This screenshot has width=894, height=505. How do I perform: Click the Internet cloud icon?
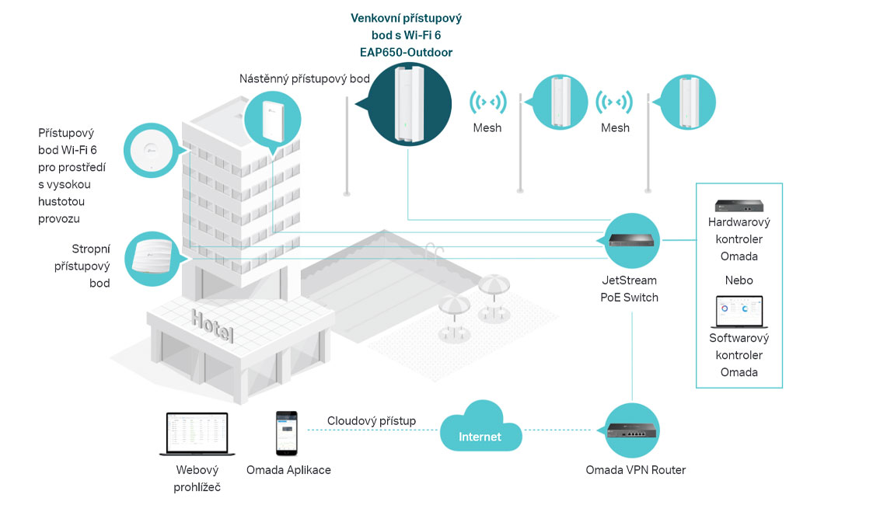(480, 427)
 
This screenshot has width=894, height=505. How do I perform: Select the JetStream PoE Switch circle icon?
(632, 242)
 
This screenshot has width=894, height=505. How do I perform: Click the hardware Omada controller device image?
(739, 206)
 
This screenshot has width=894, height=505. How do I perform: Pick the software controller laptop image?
(739, 312)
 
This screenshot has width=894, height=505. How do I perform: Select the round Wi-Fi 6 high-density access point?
(152, 151)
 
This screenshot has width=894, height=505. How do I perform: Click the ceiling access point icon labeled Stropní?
(152, 258)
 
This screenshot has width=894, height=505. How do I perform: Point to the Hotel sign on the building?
(212, 327)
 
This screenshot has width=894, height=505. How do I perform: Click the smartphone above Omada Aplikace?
(285, 434)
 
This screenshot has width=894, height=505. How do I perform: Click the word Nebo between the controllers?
(739, 280)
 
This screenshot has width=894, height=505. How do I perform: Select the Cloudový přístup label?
(371, 421)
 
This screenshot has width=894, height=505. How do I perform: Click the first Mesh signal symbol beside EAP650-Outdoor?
(487, 103)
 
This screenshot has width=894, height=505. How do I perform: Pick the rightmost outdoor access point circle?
(687, 101)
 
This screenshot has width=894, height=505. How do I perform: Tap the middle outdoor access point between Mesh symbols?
(560, 101)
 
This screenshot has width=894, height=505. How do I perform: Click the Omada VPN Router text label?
(635, 469)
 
